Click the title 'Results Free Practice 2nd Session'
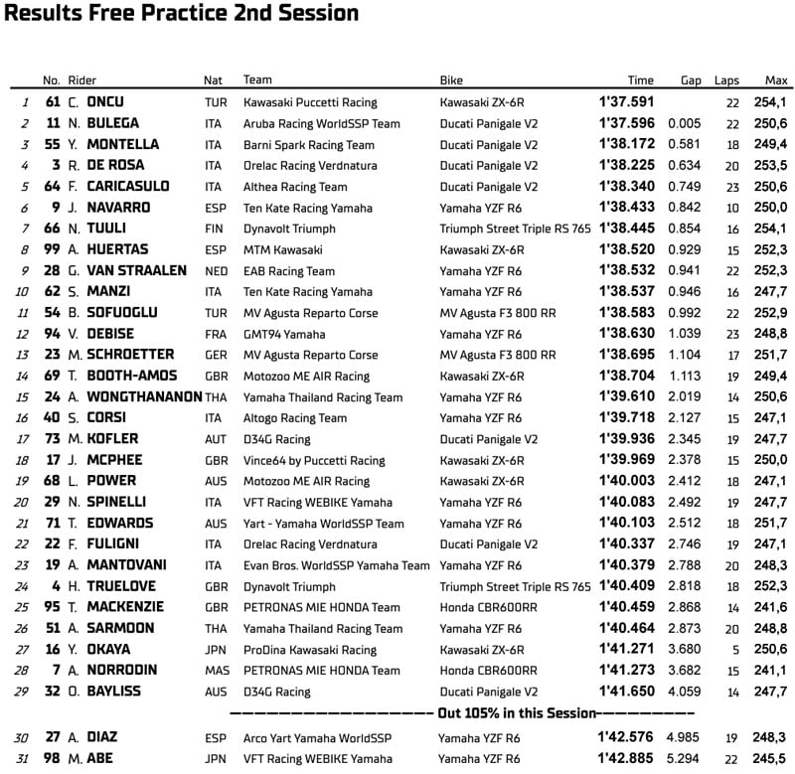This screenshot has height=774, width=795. pos(182,14)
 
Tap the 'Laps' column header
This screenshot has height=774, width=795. pos(726,80)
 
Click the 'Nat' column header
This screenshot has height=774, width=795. pos(213,80)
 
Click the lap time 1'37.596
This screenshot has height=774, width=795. pos(626,123)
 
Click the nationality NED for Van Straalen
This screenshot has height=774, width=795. pos(214,271)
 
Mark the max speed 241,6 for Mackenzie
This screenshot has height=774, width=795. pos(770,608)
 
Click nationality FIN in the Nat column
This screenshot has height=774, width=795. pos(213,229)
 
